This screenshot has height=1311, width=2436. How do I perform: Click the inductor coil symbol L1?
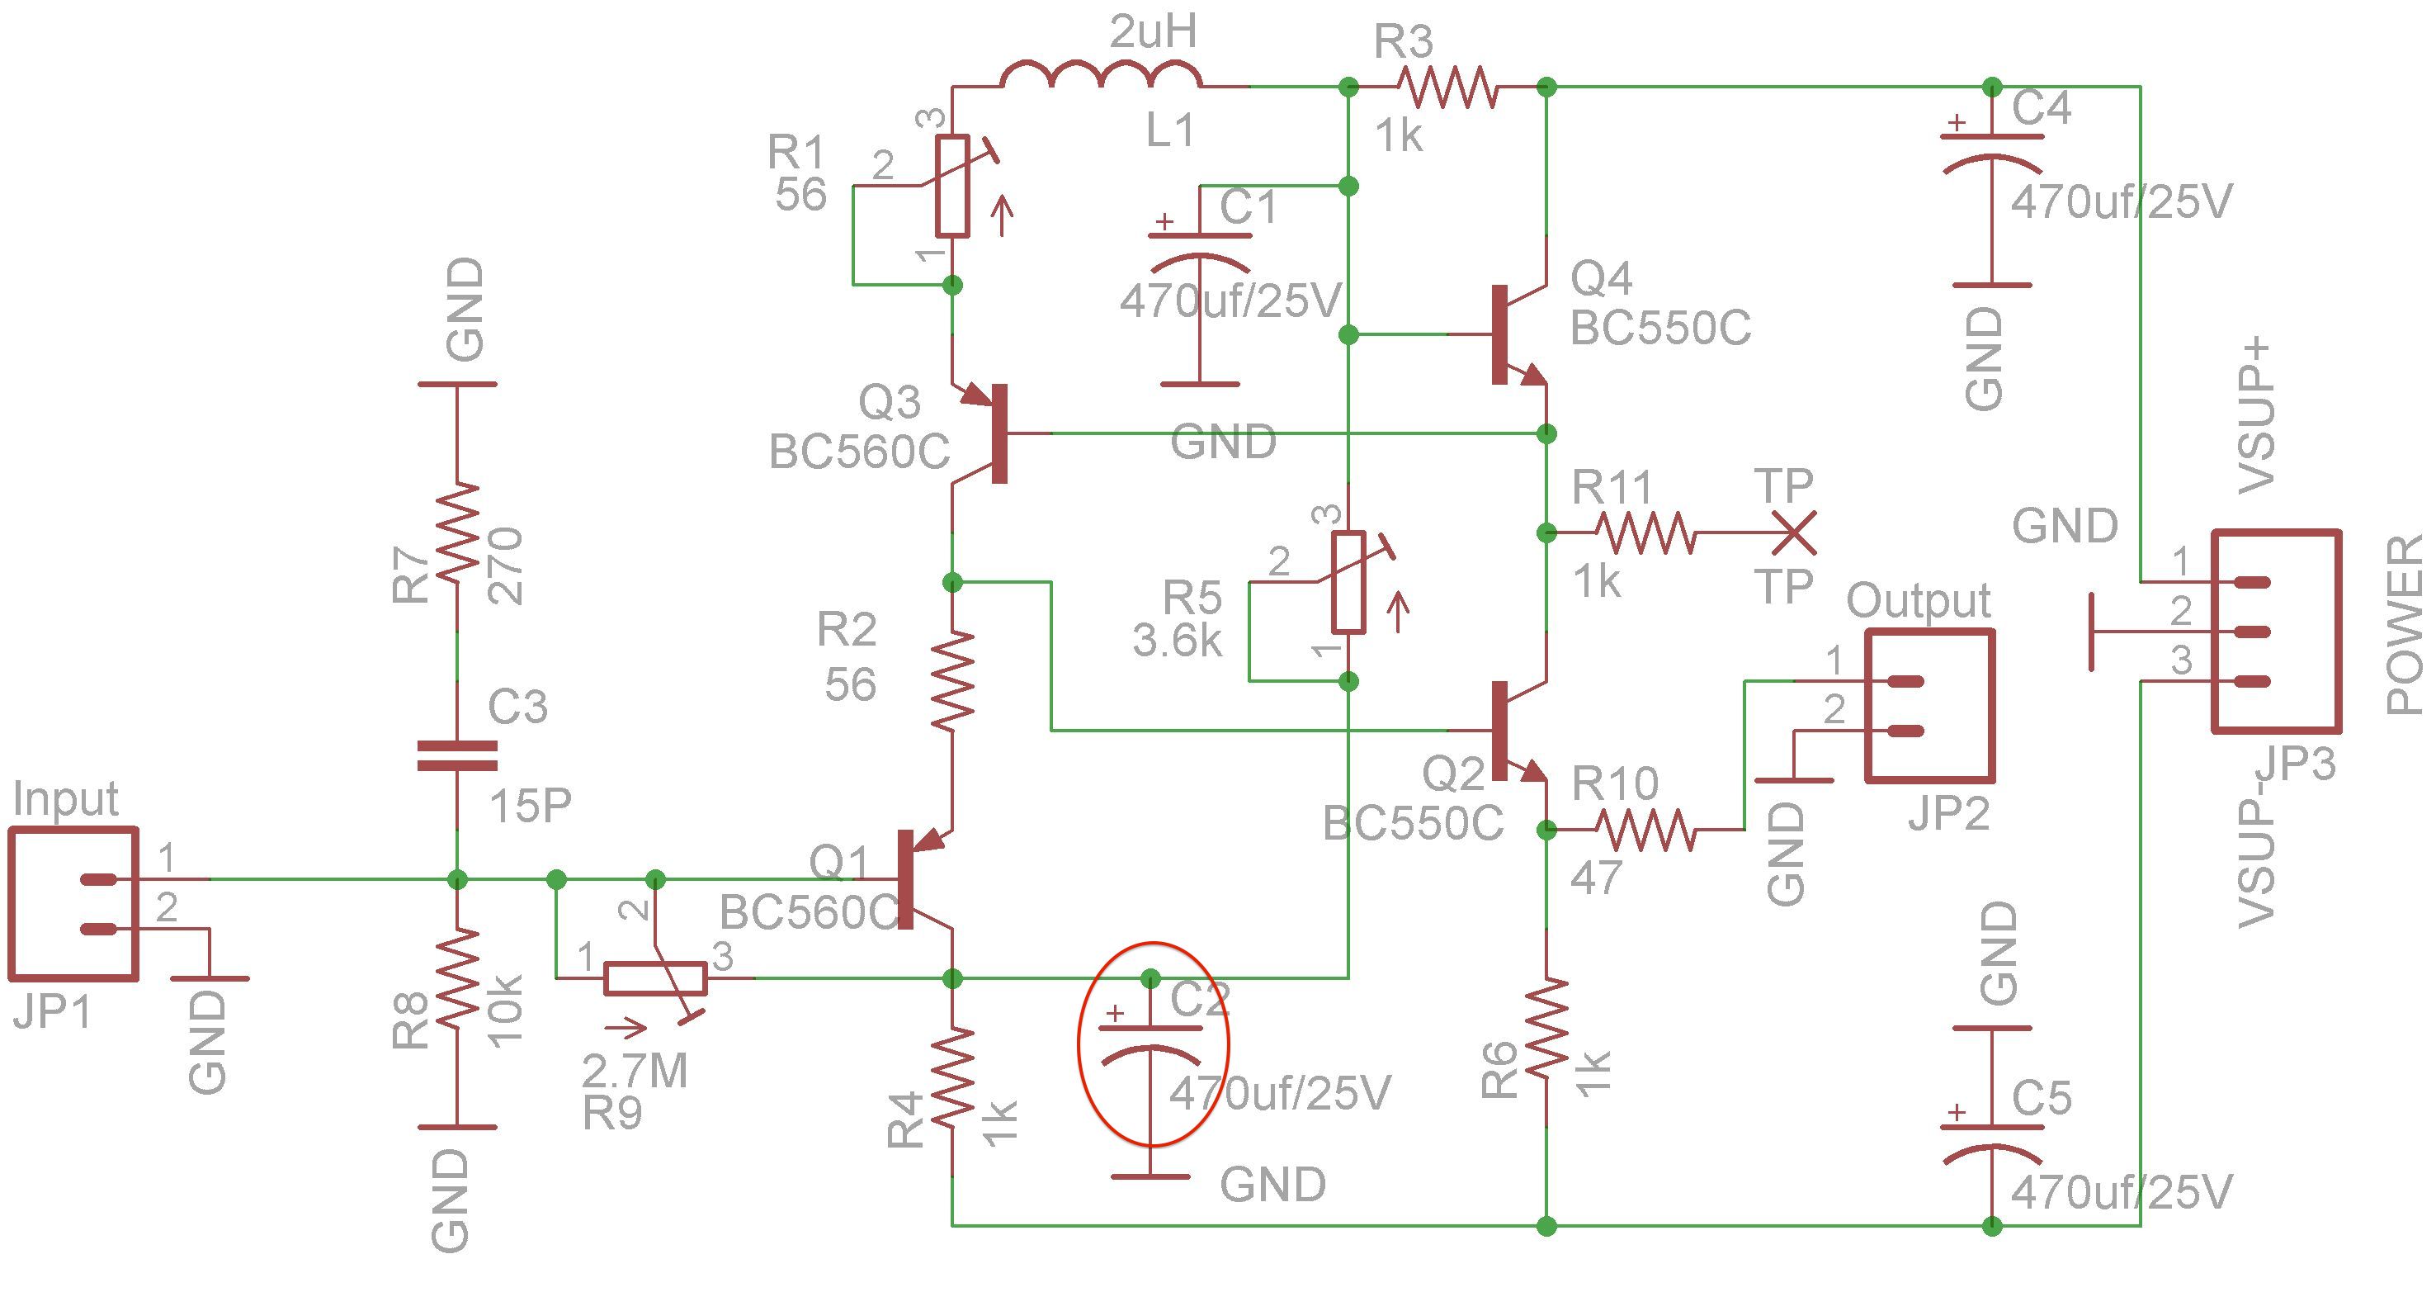pos(1102,73)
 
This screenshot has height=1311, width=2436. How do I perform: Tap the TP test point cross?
pos(1792,533)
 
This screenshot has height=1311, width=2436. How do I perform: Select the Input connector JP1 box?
pos(73,904)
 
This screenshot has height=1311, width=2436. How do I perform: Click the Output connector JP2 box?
pos(1930,706)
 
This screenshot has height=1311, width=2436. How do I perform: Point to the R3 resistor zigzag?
pos(1447,87)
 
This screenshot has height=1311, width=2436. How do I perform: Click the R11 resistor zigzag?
pos(1645,533)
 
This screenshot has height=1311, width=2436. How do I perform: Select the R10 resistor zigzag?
pos(1645,830)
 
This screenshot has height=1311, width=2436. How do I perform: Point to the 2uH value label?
pos(1153,34)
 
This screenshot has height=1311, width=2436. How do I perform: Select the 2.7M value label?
pos(635,1071)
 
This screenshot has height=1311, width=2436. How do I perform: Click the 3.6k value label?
pos(1178,641)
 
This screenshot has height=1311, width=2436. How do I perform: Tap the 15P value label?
pos(531,806)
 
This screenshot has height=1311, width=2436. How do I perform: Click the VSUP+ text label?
pos(2259,417)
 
